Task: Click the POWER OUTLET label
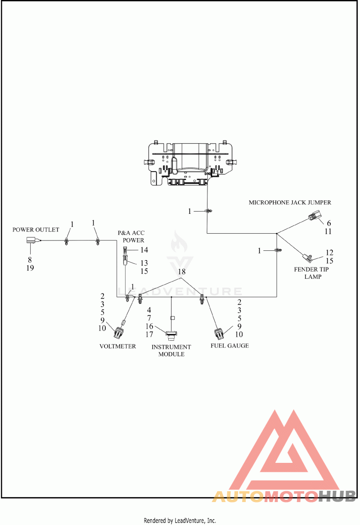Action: [x=36, y=230]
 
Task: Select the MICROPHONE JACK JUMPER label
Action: [x=290, y=203]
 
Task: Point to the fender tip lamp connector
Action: [x=307, y=258]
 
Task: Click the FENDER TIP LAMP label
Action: [x=311, y=273]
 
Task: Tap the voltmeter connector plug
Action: [x=119, y=331]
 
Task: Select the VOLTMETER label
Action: [x=118, y=346]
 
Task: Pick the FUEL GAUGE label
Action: [x=229, y=345]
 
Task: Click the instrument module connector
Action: [x=171, y=334]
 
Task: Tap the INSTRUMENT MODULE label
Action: [x=171, y=351]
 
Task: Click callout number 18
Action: [x=182, y=272]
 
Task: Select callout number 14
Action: [x=144, y=250]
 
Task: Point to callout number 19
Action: [x=30, y=268]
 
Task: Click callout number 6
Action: [x=329, y=223]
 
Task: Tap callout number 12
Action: [x=329, y=253]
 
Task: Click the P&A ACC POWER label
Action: [x=131, y=236]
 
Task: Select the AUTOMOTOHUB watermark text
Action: [x=284, y=496]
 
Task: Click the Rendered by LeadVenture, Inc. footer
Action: [x=180, y=520]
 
